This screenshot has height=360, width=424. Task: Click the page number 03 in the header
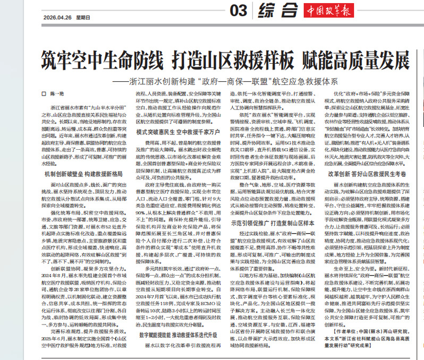pyautogui.click(x=239, y=10)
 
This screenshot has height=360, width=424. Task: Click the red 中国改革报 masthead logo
pyautogui.click(x=329, y=11)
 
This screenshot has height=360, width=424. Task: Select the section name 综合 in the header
pyautogui.click(x=277, y=10)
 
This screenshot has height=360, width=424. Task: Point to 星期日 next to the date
pyautogui.click(x=83, y=16)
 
